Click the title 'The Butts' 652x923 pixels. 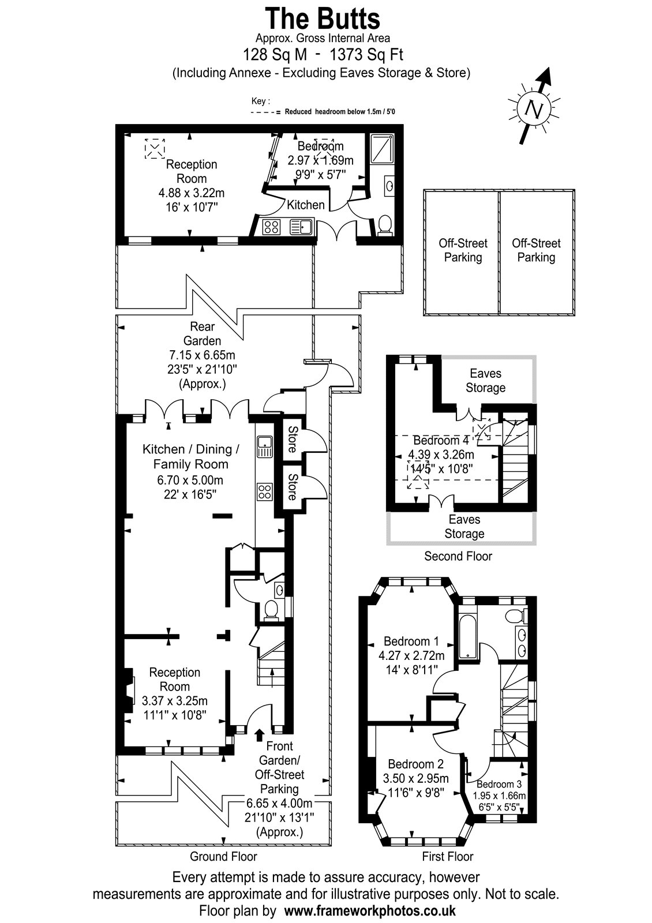(x=323, y=18)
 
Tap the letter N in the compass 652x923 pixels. (x=534, y=109)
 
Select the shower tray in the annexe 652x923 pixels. (x=381, y=148)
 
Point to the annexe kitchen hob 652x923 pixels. (x=272, y=227)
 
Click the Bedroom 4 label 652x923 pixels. (x=441, y=440)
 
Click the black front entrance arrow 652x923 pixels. (x=260, y=735)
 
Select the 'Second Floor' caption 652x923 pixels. (x=458, y=556)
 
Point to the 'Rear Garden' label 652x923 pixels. (x=202, y=333)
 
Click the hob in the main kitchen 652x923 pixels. (x=265, y=491)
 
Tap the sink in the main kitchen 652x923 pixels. (x=264, y=447)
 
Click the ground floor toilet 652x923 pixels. (x=271, y=611)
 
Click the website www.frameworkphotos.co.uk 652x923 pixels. (x=370, y=910)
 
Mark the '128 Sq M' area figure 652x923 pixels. (x=275, y=54)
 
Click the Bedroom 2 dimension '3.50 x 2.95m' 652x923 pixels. (x=415, y=778)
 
